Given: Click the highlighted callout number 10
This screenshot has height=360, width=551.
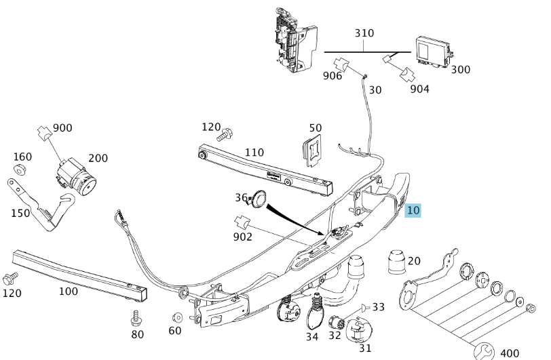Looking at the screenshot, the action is point(413,210).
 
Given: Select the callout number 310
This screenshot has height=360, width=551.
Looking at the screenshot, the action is point(364,33).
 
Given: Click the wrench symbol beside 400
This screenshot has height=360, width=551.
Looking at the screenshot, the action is point(484,352).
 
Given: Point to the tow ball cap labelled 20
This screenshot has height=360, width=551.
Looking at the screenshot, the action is point(396,261).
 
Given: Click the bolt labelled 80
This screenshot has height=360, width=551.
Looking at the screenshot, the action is point(135,318).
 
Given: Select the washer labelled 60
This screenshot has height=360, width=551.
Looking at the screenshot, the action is point(178,317).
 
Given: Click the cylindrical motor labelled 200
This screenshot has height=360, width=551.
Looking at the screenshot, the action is point(76,177).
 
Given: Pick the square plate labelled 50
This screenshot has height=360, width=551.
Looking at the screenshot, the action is point(312,151).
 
